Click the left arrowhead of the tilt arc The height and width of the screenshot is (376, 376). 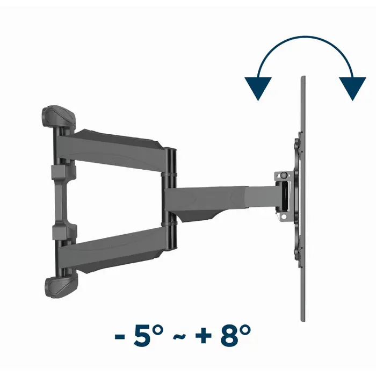pyautogui.click(x=258, y=88)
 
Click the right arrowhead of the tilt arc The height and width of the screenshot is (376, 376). pyautogui.click(x=352, y=88)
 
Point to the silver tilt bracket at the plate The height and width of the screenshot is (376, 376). pyautogui.click(x=283, y=194)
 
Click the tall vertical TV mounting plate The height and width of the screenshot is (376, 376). pyautogui.click(x=302, y=199)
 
